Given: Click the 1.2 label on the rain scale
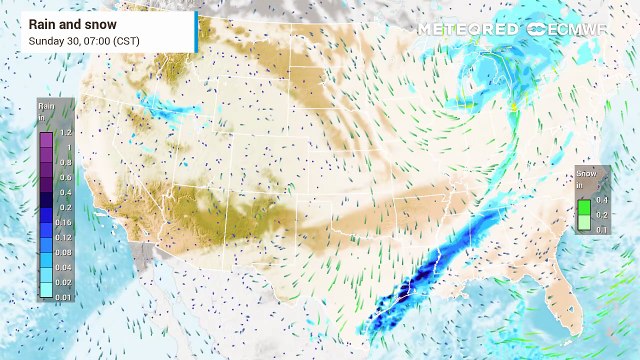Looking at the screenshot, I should (65, 132).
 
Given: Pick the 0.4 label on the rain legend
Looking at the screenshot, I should (65, 191).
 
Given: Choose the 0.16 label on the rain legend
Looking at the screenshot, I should (65, 221).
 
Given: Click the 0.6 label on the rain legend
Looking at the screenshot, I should (65, 176).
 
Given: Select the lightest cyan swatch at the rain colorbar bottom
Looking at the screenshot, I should (47, 293).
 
